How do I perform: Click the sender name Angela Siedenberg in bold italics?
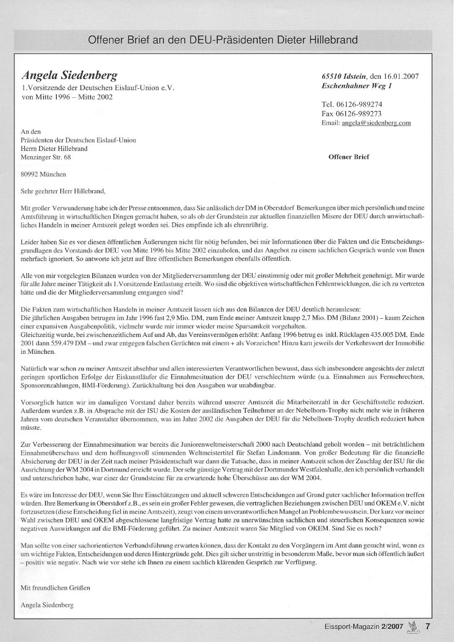coord(69,75)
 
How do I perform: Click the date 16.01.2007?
coord(401,76)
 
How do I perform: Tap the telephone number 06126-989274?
coord(359,105)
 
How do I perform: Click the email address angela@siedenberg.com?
coord(376,123)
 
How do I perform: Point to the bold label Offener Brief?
coord(349,157)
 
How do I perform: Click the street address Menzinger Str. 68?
coord(46,157)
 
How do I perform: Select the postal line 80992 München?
coord(44,174)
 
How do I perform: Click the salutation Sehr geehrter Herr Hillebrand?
coord(63,191)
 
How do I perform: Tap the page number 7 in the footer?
coord(427,626)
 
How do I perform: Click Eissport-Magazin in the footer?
coord(351,627)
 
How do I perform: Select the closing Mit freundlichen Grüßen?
coord(55,588)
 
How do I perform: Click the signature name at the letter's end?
coord(47,605)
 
